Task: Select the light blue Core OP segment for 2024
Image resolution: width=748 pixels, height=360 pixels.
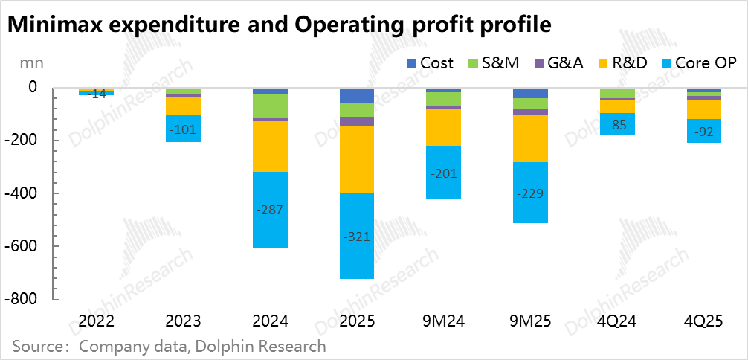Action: pyautogui.click(x=270, y=210)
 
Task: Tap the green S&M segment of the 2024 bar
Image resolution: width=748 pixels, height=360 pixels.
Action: pyautogui.click(x=270, y=106)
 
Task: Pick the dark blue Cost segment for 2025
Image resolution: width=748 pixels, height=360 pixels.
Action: pyautogui.click(x=357, y=95)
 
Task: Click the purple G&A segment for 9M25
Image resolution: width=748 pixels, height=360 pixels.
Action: pyautogui.click(x=531, y=112)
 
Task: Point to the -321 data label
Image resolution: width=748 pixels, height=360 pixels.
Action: pyautogui.click(x=357, y=237)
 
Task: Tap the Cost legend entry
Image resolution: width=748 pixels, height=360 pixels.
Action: pyautogui.click(x=429, y=63)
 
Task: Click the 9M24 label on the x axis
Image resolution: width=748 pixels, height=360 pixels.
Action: pyautogui.click(x=443, y=321)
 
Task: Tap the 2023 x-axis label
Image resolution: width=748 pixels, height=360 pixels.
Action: pyautogui.click(x=183, y=321)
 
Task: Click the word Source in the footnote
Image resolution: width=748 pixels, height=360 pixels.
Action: pyautogui.click(x=37, y=346)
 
